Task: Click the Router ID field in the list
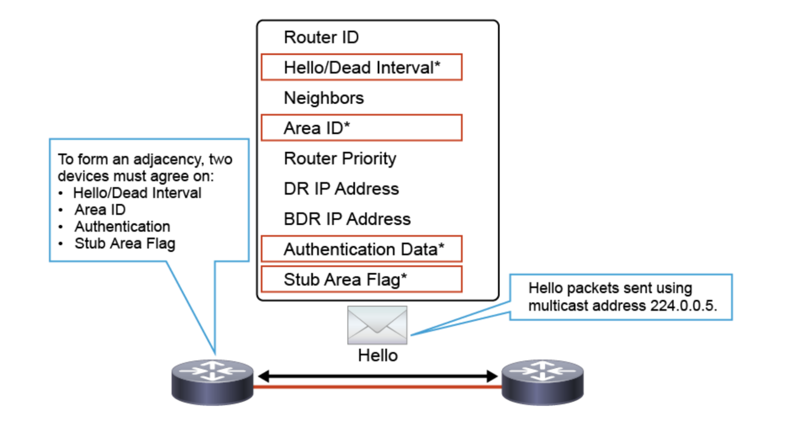(322, 37)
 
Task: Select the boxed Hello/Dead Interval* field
(362, 68)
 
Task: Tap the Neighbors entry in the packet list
(324, 98)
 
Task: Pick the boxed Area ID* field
(362, 128)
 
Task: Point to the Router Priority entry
(340, 158)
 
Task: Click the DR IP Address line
(341, 188)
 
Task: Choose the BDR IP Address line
(347, 219)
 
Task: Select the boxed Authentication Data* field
(362, 249)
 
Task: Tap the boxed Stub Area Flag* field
(362, 279)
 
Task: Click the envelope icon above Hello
(377, 325)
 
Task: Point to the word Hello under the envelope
(378, 355)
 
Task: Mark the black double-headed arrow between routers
(378, 376)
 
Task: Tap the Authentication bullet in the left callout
(122, 226)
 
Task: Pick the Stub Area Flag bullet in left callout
(124, 243)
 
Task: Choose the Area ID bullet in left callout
(99, 210)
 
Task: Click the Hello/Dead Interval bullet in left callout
(137, 193)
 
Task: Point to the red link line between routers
(378, 387)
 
